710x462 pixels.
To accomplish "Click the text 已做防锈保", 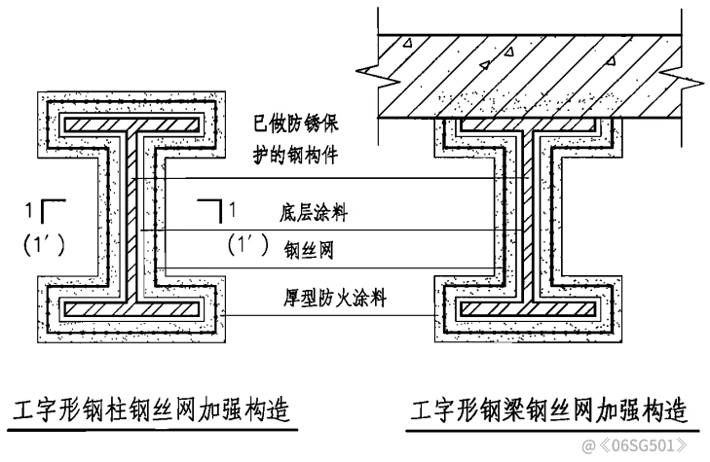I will [295, 125].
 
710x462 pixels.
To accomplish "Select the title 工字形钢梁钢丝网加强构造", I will [546, 409].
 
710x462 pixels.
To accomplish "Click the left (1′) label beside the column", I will [43, 244].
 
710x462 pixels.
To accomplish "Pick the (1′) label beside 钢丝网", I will [248, 246].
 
